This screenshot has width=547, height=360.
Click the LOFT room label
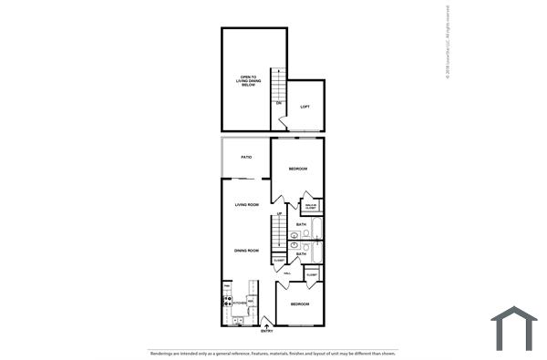[x=305, y=108]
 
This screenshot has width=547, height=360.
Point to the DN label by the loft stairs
[x=279, y=103]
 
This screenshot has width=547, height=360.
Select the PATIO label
[x=246, y=158]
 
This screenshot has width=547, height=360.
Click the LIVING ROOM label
[x=247, y=205]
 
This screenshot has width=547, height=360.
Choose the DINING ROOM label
[x=247, y=250]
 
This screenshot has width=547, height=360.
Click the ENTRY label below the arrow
[x=266, y=331]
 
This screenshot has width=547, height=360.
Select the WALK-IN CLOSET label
[x=311, y=208]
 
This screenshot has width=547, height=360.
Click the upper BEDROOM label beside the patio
[x=298, y=170]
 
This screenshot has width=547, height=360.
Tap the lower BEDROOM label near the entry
[x=300, y=303]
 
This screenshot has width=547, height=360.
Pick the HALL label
[x=287, y=273]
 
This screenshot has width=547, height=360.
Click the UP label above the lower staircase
[x=279, y=214]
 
